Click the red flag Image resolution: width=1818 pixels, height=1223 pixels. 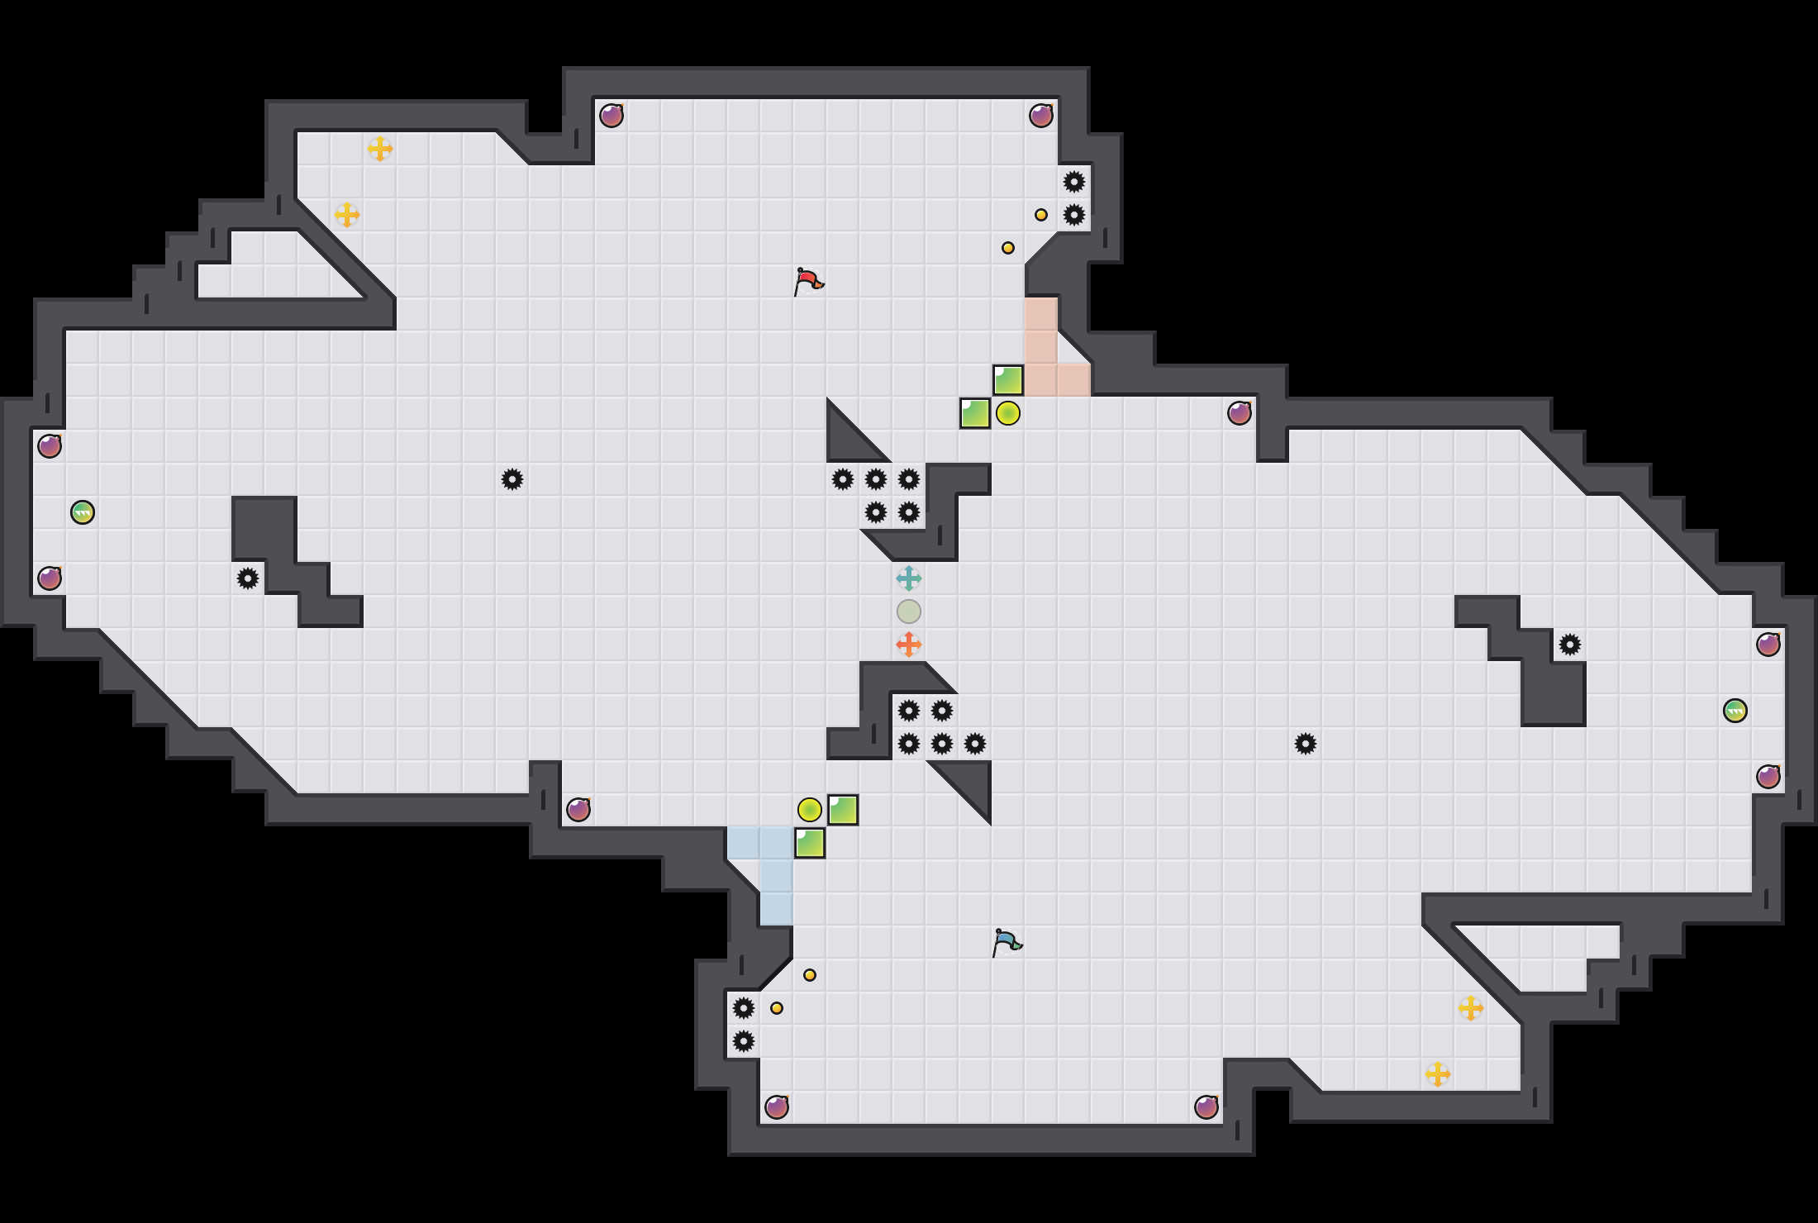(x=808, y=281)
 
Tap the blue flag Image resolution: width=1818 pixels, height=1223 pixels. (x=1007, y=942)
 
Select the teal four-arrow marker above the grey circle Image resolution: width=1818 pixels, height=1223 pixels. (x=909, y=578)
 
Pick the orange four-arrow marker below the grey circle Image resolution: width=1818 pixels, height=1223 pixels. (x=909, y=645)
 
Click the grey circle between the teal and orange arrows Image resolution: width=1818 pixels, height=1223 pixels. (x=909, y=611)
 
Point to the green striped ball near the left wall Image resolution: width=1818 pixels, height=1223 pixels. (x=83, y=512)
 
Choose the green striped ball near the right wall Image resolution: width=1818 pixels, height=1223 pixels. (x=1735, y=711)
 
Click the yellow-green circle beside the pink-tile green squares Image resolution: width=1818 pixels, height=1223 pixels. (x=1008, y=413)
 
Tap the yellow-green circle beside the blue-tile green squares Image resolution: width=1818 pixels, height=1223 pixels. (x=810, y=810)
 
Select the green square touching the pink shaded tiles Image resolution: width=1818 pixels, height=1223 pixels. (x=1008, y=380)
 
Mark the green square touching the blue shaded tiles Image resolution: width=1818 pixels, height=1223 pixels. (x=810, y=843)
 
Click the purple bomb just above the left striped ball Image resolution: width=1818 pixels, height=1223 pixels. (x=50, y=446)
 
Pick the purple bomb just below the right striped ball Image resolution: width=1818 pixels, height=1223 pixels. (x=1768, y=777)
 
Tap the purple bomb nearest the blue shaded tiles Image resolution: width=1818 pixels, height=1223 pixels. (x=578, y=810)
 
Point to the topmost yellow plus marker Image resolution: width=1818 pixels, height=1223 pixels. (x=380, y=149)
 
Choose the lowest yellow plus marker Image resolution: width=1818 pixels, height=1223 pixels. (x=1438, y=1074)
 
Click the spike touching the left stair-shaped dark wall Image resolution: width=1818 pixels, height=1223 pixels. (x=248, y=578)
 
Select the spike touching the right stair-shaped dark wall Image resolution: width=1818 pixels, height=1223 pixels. (x=1570, y=645)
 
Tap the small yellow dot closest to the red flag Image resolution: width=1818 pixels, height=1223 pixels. (x=1008, y=248)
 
